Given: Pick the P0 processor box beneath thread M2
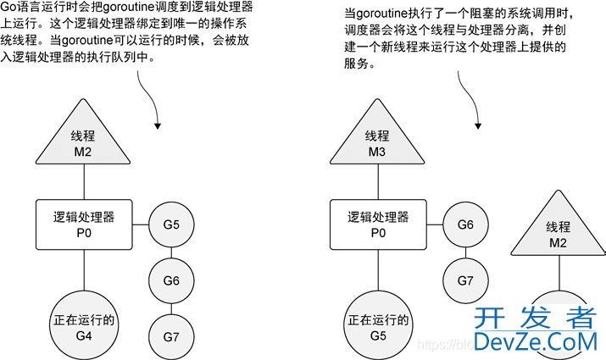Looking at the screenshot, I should pyautogui.click(x=83, y=224).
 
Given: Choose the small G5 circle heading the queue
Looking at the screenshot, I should pyautogui.click(x=171, y=226).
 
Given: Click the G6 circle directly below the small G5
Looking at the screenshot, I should pyautogui.click(x=171, y=279).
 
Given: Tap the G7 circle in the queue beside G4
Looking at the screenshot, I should pyautogui.click(x=171, y=335).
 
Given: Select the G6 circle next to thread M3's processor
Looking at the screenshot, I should pyautogui.click(x=464, y=226).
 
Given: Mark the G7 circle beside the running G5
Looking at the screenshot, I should pyautogui.click(x=464, y=280).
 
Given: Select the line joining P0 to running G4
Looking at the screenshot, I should pyautogui.click(x=83, y=271).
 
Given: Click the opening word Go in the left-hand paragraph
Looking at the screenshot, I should pyautogui.click(x=10, y=8).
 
